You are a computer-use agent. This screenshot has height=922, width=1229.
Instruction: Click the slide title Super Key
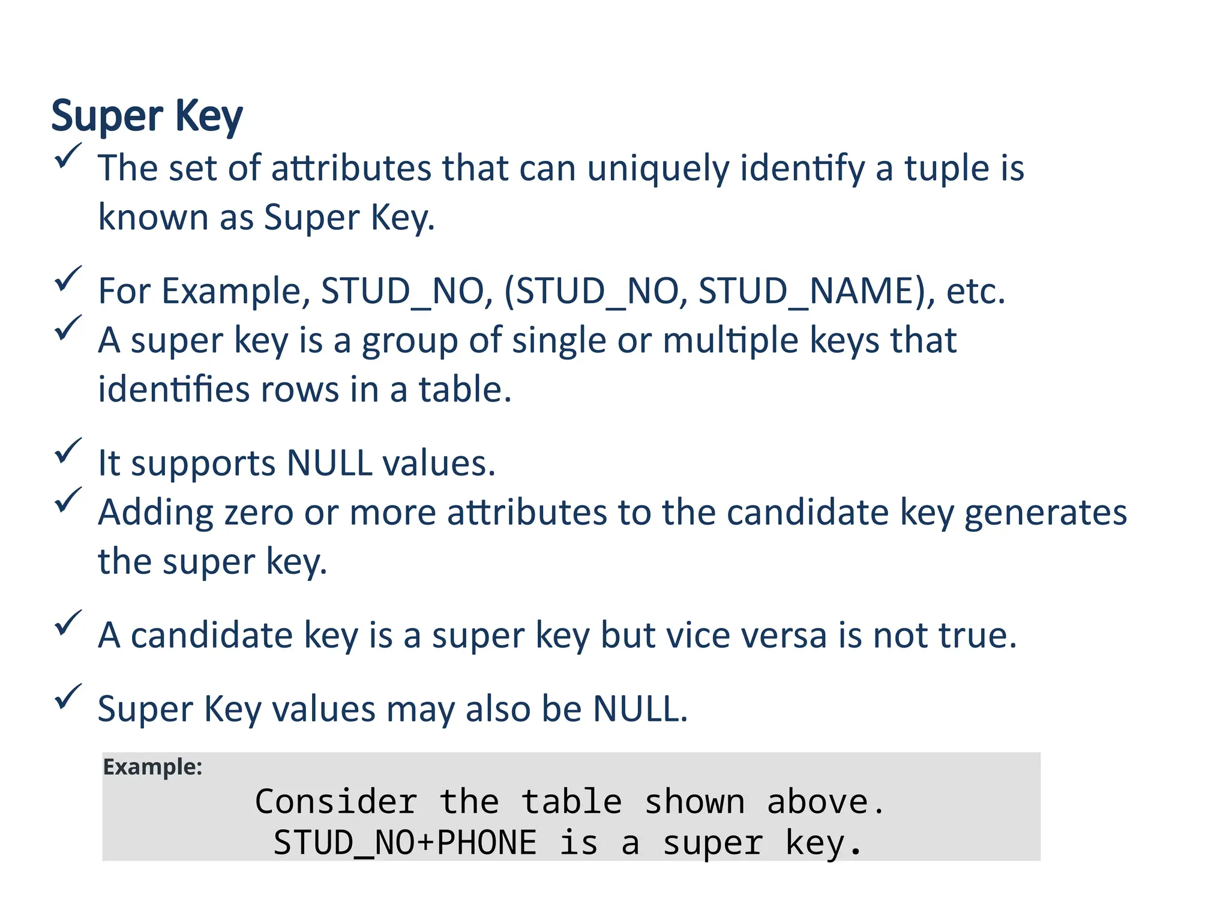pyautogui.click(x=147, y=116)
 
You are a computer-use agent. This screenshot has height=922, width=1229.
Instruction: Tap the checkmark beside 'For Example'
pyautogui.click(x=67, y=279)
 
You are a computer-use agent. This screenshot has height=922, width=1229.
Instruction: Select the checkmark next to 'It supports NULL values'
pyautogui.click(x=67, y=451)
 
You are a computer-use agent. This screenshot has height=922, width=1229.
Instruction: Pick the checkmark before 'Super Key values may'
pyautogui.click(x=67, y=697)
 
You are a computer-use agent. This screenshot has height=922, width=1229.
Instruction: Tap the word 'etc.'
pyautogui.click(x=975, y=291)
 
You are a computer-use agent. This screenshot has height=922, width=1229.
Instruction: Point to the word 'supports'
pyautogui.click(x=203, y=463)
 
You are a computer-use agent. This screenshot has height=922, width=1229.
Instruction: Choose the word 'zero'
pyautogui.click(x=258, y=513)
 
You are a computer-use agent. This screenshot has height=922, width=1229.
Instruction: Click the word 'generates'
pyautogui.click(x=1045, y=513)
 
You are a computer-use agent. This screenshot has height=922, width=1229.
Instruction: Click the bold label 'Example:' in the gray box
pyautogui.click(x=152, y=767)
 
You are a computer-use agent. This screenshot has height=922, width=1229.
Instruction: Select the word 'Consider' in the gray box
pyautogui.click(x=336, y=802)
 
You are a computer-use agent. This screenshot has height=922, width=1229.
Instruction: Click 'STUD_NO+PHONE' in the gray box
pyautogui.click(x=405, y=843)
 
